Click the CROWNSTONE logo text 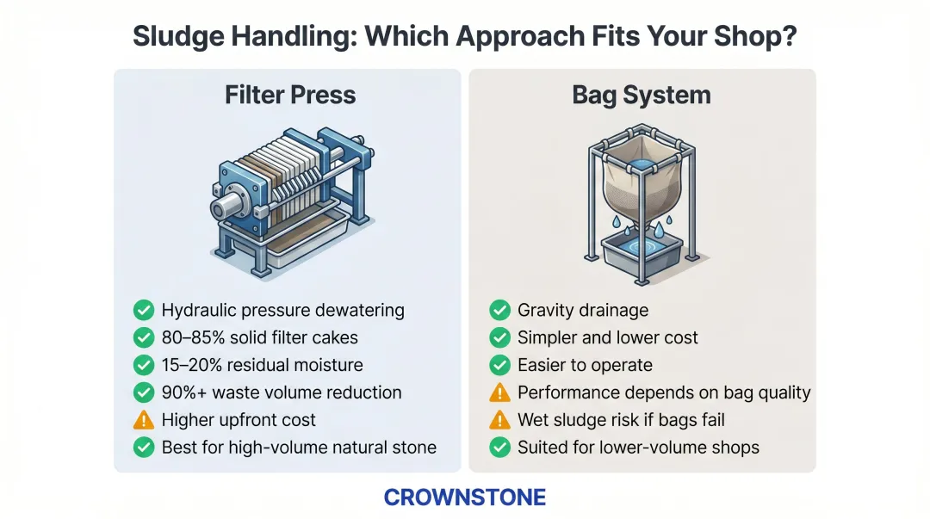tap(464, 497)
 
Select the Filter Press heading tap(290, 95)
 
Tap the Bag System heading tap(642, 95)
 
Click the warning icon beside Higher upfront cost tap(144, 420)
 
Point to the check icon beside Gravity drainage tap(499, 310)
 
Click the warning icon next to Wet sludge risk tap(499, 420)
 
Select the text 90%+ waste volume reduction tap(282, 392)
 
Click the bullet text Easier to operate tap(585, 365)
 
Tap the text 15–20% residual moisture tap(262, 365)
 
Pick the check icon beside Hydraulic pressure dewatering tap(144, 310)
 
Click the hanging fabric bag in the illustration tap(642, 189)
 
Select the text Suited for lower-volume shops tap(638, 448)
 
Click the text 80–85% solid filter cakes tap(260, 337)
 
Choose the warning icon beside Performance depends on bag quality tap(499, 392)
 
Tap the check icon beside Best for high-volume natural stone tap(144, 448)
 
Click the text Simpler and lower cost tap(608, 337)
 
